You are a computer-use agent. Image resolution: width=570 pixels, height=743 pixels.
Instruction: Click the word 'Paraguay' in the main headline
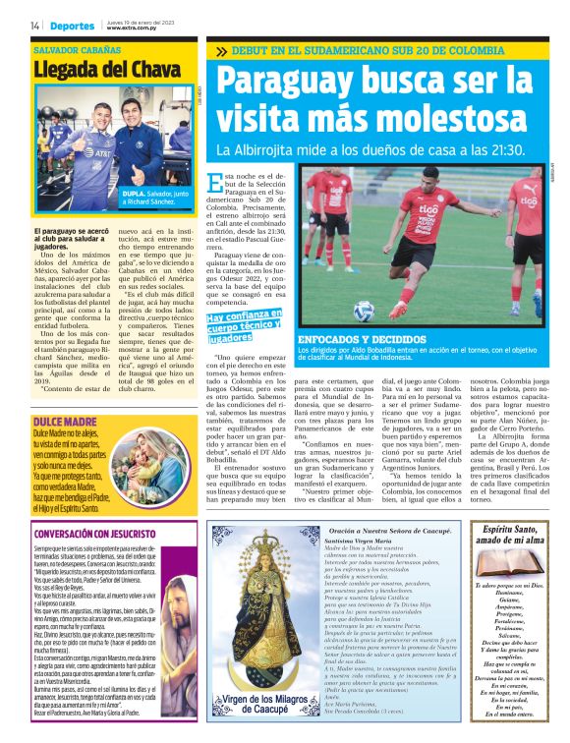click(284, 81)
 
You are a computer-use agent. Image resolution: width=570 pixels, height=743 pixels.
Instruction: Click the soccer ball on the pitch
click(363, 310)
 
